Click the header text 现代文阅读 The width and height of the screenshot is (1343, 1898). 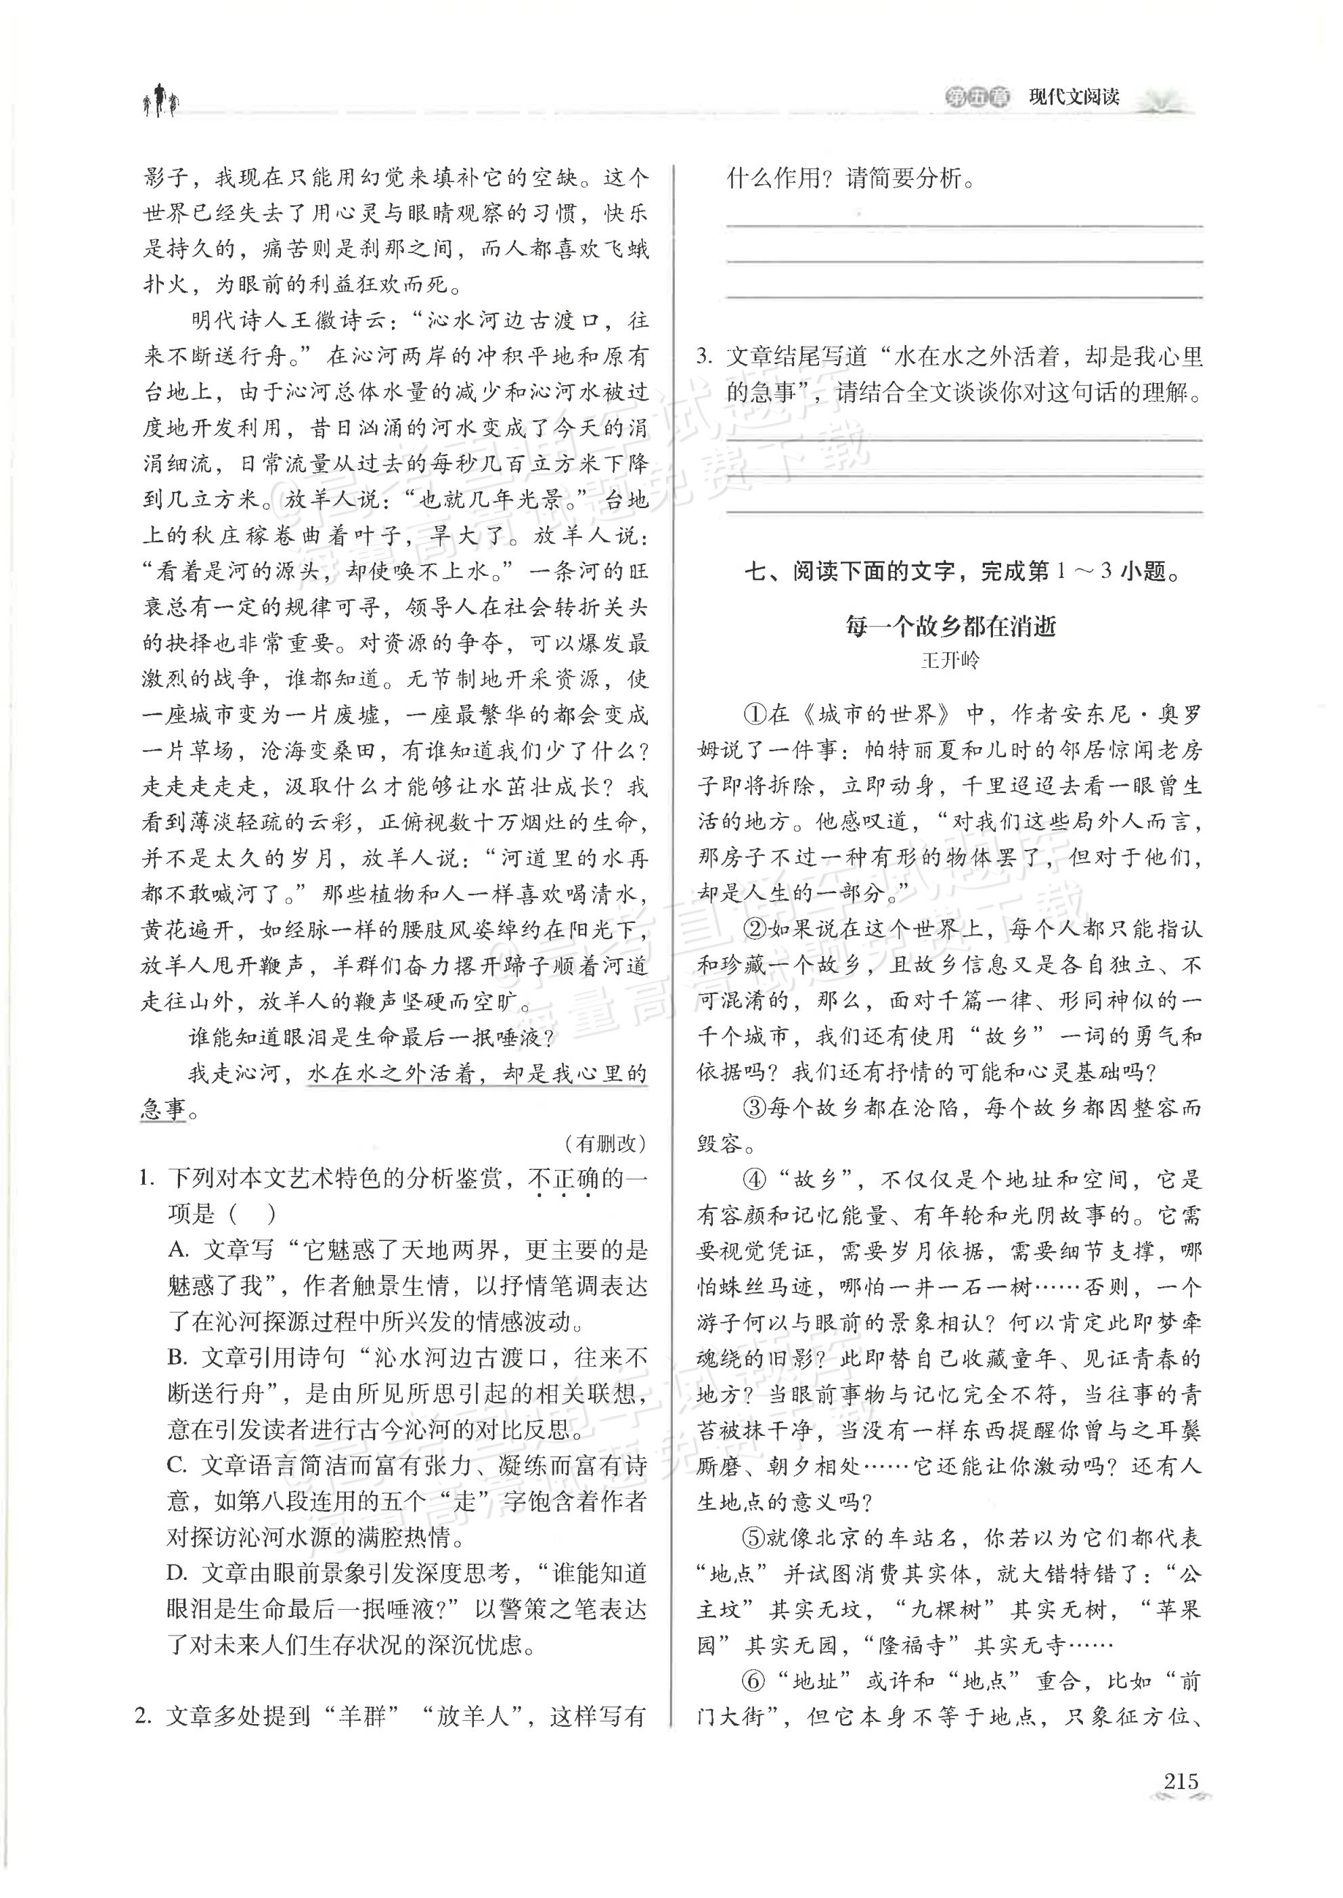(x=1074, y=97)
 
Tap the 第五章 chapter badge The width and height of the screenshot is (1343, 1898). (x=977, y=97)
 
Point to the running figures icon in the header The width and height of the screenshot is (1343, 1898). (x=160, y=101)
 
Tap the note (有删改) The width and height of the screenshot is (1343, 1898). (x=605, y=1144)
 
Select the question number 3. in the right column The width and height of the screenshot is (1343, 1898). (x=705, y=357)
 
